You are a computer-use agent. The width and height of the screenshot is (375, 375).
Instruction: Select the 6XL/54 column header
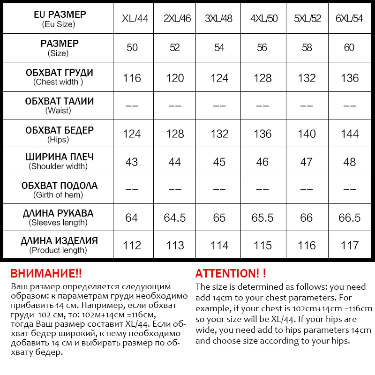point(350,19)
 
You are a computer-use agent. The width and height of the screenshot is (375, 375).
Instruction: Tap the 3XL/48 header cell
point(219,19)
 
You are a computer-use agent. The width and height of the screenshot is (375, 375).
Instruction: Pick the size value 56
point(262,47)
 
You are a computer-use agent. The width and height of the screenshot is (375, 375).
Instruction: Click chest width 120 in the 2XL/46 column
point(175,78)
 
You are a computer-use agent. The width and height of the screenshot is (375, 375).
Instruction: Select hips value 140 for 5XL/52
point(307,134)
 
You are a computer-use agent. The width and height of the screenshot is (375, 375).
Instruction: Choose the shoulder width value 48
point(350,162)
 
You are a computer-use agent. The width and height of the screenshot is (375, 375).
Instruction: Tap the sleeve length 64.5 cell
point(175,218)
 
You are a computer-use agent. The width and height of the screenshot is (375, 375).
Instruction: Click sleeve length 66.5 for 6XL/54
point(350,218)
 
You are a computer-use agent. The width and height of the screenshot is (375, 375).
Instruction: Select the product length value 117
point(350,245)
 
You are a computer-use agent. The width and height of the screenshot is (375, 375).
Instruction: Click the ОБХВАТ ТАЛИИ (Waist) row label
point(59,105)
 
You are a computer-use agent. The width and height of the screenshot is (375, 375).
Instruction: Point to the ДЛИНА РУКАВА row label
point(59,217)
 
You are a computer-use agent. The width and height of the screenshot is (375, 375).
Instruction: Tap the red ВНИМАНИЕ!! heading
point(46,273)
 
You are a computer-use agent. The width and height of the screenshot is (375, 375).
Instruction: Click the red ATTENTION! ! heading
point(231,273)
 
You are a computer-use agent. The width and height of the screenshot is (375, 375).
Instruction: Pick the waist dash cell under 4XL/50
point(262,106)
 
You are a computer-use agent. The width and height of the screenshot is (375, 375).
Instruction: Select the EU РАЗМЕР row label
point(59,19)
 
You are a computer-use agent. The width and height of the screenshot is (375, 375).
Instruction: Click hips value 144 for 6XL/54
point(350,134)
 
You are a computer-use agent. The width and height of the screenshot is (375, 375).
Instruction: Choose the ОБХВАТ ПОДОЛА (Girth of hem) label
point(59,189)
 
